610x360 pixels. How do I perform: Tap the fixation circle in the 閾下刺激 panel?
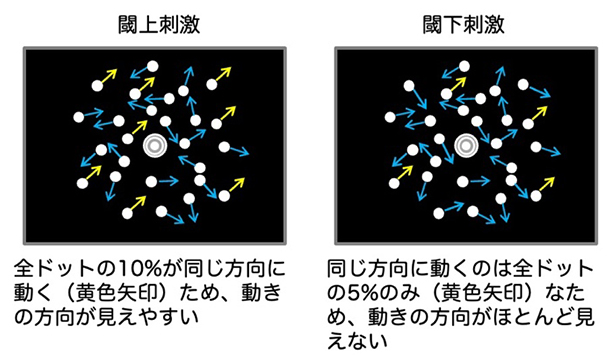(464, 146)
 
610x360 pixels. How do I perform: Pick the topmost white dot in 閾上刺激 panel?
(153, 67)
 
